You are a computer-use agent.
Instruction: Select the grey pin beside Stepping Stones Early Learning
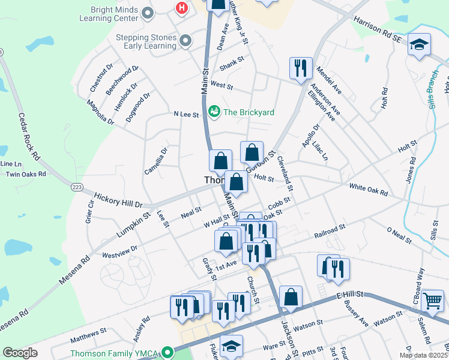click(185, 41)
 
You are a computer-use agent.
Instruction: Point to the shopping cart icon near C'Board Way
click(433, 301)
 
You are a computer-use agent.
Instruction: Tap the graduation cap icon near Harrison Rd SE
click(418, 44)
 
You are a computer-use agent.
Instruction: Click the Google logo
click(20, 353)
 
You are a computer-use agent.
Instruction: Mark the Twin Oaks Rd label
click(25, 174)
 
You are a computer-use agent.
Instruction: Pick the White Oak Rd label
click(368, 190)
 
